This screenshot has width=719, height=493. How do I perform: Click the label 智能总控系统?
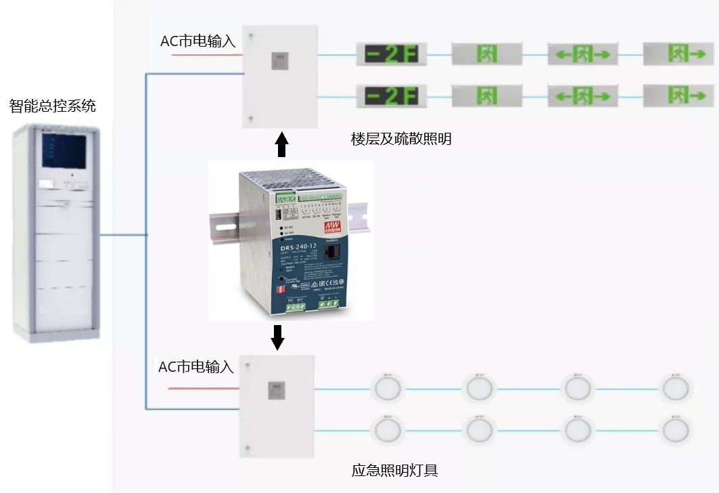tap(52, 106)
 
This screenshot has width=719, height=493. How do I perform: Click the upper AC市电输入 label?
tap(198, 41)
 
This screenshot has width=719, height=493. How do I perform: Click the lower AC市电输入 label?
tap(195, 367)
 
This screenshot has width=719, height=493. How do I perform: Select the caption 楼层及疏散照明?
tap(400, 140)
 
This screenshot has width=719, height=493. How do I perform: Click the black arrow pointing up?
tap(282, 145)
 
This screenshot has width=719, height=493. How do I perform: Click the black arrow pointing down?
tap(277, 337)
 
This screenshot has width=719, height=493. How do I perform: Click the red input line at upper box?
tap(206, 55)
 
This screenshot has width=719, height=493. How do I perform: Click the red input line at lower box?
tap(202, 388)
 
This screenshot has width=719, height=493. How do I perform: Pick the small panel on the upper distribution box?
tap(279, 60)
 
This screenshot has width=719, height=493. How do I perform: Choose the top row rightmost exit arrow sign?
tap(678, 53)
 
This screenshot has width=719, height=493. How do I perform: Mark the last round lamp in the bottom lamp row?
tap(675, 429)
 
